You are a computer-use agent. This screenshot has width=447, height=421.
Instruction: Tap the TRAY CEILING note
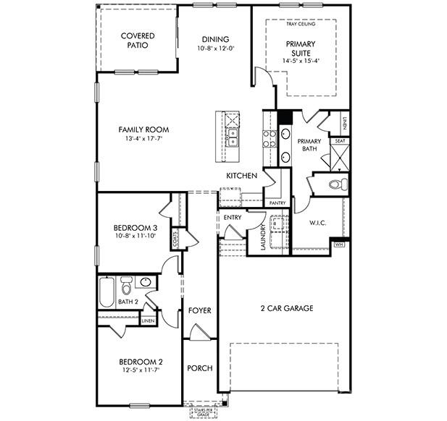coord(301,24)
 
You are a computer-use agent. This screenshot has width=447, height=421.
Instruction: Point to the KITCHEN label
coord(241,176)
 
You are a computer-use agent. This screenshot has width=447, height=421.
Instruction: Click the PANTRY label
coord(277,203)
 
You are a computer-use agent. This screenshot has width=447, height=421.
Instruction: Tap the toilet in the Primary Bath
coord(336,184)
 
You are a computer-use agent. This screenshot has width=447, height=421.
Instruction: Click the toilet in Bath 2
coord(126,283)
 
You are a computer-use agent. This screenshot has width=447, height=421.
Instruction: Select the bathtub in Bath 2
coord(106,293)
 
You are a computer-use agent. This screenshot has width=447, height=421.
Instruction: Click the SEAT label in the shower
coord(339,141)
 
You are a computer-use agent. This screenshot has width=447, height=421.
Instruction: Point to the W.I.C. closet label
coord(318,223)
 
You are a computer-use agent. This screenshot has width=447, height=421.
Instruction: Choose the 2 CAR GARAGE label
coord(287,308)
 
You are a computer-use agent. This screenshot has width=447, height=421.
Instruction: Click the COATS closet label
coord(175,237)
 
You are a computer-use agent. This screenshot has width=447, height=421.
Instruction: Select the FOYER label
coord(200,310)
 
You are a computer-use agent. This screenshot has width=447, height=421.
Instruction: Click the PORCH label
coord(199,368)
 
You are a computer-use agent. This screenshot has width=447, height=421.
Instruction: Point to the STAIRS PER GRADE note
coord(203,412)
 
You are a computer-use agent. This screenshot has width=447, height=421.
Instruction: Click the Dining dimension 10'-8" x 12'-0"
coord(215,48)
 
